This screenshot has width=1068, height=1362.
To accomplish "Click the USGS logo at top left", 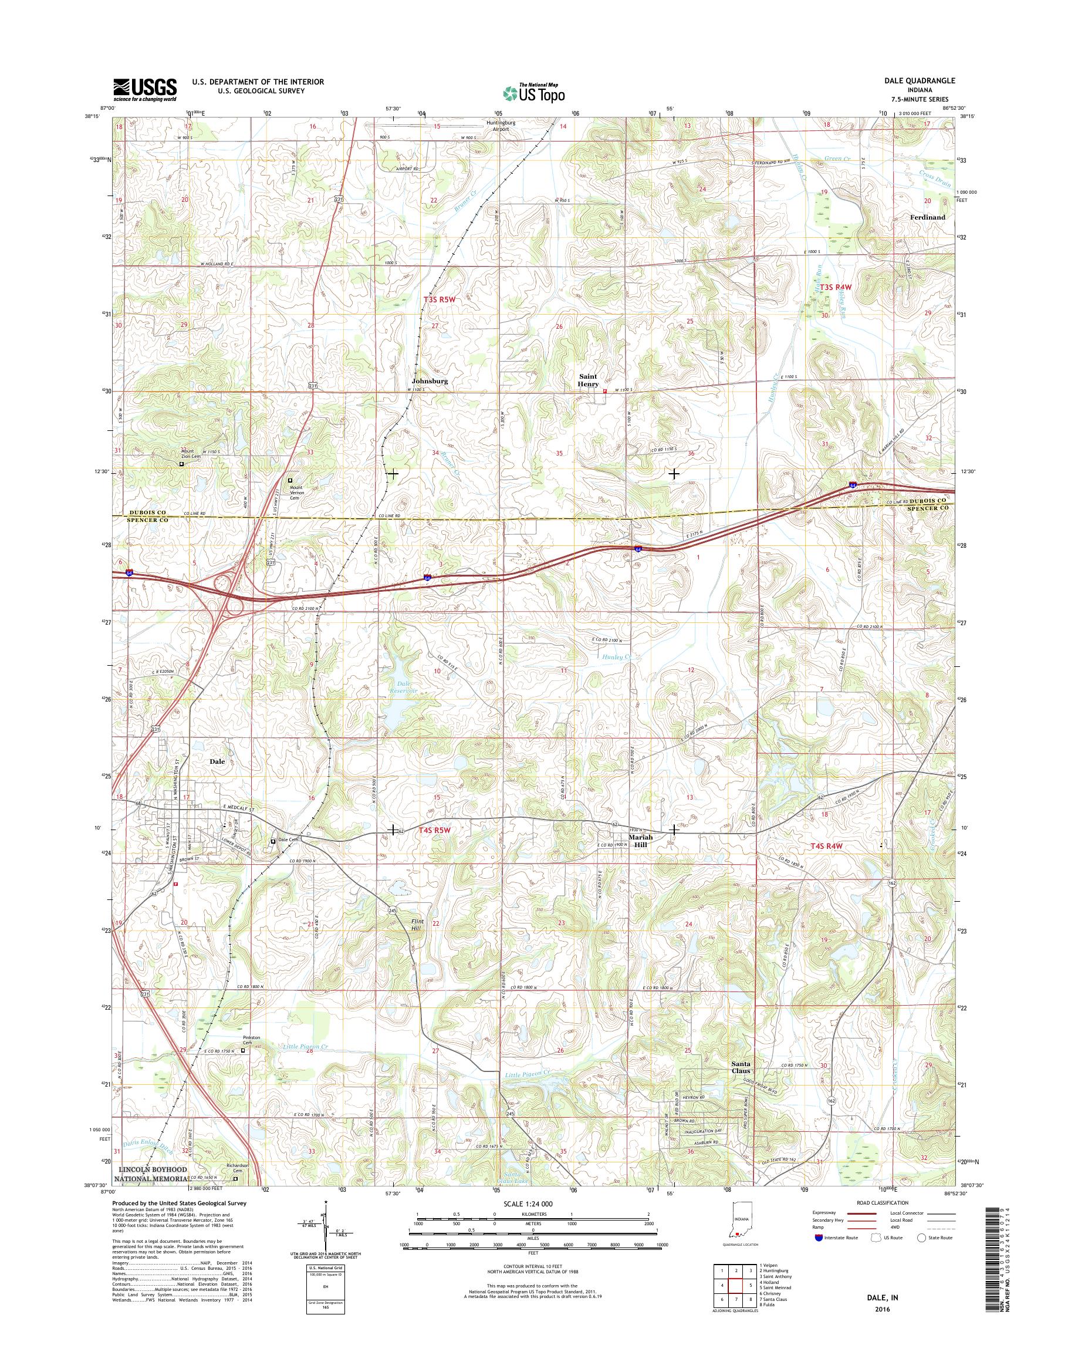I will [x=144, y=89].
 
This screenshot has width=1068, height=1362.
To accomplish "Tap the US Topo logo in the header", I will [x=534, y=93].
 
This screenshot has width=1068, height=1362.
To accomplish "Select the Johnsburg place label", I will [x=430, y=380].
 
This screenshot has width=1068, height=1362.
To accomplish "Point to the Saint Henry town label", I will [x=589, y=380].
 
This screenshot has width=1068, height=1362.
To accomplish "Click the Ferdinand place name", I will [x=927, y=217].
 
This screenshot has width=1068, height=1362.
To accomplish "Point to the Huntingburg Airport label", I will [x=501, y=126].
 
